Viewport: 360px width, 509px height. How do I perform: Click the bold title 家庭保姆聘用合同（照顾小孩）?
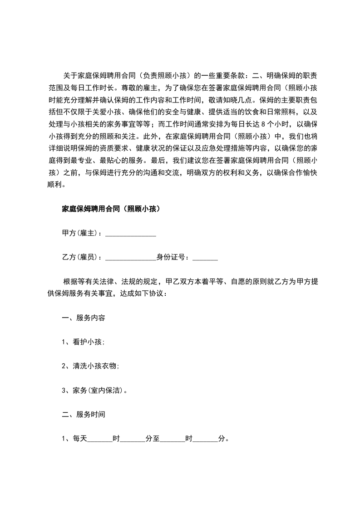(111, 209)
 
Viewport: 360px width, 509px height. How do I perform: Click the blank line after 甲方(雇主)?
(131, 234)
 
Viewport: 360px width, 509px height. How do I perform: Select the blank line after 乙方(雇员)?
(131, 258)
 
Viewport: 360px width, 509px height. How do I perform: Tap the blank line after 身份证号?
(205, 258)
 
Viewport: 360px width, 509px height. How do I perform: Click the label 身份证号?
(172, 258)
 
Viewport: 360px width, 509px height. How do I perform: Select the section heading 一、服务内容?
(84, 318)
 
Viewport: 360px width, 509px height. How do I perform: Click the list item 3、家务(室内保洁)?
(94, 390)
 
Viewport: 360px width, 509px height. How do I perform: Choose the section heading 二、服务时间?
(84, 415)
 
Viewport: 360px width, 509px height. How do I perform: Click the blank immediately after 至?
(173, 439)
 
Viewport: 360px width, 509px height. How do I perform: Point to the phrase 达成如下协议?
(143, 294)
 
